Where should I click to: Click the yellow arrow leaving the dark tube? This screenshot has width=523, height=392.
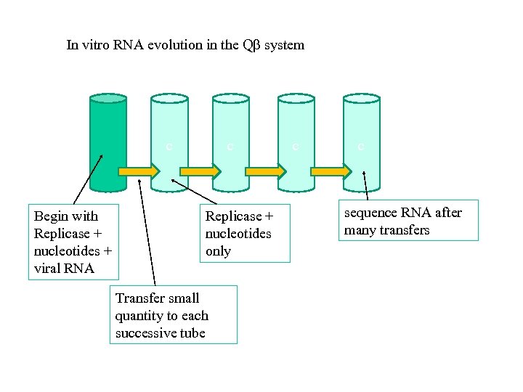click(x=138, y=171)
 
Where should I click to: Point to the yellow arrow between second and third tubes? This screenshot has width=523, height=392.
click(x=200, y=171)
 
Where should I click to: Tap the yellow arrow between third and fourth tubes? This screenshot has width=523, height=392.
click(x=266, y=171)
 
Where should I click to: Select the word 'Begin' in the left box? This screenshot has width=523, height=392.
click(x=49, y=216)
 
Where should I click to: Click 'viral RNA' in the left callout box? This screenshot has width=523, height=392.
click(x=64, y=269)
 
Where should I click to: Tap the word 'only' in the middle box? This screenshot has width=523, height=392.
click(x=218, y=251)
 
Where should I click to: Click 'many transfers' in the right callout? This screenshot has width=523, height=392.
click(x=386, y=230)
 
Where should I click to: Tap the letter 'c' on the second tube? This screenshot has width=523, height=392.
click(x=169, y=146)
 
